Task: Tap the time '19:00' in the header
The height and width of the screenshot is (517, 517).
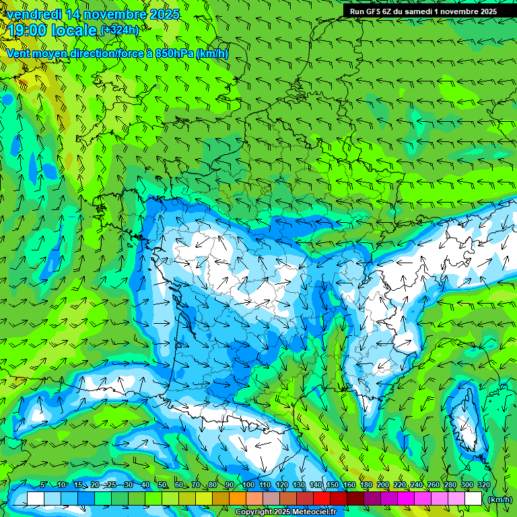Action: [28, 30]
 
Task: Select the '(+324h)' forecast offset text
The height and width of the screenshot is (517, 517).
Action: [120, 30]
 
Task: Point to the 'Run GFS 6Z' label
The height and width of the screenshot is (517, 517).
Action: [372, 11]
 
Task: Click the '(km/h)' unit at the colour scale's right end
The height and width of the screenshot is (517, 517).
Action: [499, 499]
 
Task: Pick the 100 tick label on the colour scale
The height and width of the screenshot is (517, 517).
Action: [248, 485]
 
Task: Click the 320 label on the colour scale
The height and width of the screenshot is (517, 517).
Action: [483, 485]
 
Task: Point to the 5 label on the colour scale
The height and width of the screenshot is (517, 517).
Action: [43, 485]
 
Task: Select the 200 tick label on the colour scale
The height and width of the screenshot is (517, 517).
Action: [382, 485]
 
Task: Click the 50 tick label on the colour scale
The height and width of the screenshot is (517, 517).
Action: [162, 485]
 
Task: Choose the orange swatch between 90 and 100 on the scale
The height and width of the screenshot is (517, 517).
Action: [238, 498]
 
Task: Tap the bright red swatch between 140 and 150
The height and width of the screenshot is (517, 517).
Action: [322, 498]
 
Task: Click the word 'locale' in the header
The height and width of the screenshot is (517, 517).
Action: [74, 30]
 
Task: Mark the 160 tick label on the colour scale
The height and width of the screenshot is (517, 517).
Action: [349, 485]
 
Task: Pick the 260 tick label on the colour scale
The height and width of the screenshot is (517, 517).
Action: [433, 485]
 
